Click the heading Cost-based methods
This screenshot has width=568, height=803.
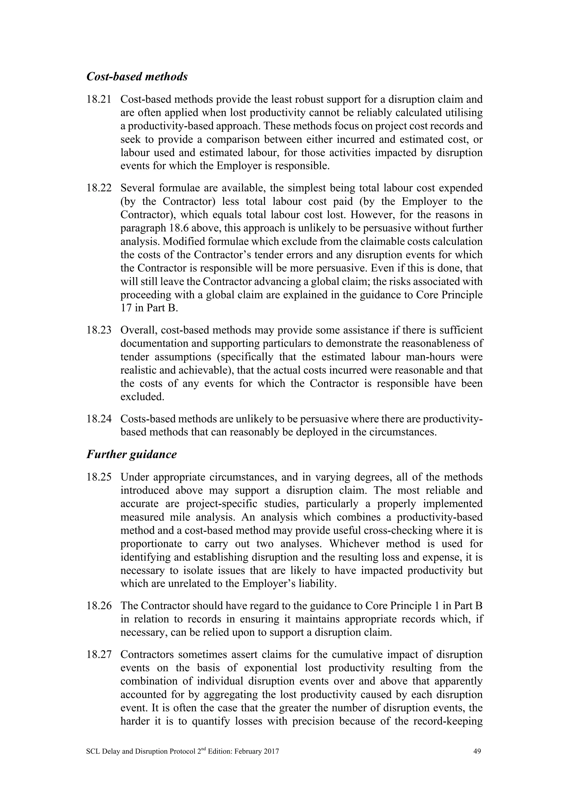[x=137, y=77]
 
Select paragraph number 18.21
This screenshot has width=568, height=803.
[x=99, y=100]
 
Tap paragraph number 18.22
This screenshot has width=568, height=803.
[x=99, y=188]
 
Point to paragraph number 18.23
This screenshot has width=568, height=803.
[x=99, y=330]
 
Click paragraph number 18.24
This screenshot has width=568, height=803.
[x=99, y=419]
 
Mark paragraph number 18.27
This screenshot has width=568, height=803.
[x=99, y=655]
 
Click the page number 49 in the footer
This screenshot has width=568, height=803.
[x=477, y=751]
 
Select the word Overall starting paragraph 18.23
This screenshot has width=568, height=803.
[x=138, y=330]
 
